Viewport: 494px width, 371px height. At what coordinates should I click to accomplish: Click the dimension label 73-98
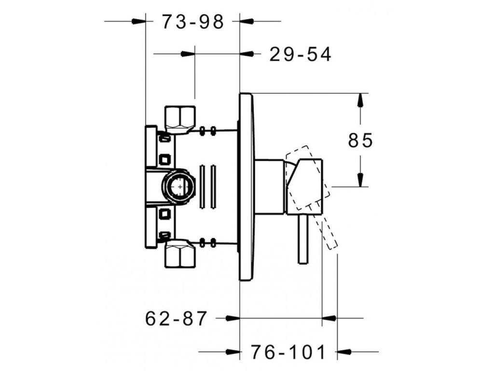coord(193,22)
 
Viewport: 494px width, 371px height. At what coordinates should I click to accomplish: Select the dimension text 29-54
coord(300,55)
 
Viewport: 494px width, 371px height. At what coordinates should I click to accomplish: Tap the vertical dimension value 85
coord(361,141)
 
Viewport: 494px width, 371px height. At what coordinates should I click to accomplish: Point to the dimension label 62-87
coord(176,318)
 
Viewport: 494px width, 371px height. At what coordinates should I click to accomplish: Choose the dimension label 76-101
coord(288,352)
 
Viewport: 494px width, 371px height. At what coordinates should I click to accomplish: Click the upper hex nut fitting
coord(180,117)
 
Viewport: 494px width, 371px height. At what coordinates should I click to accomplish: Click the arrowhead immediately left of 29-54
coord(247,54)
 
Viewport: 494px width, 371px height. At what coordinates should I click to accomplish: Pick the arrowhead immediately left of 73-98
coord(138,21)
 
